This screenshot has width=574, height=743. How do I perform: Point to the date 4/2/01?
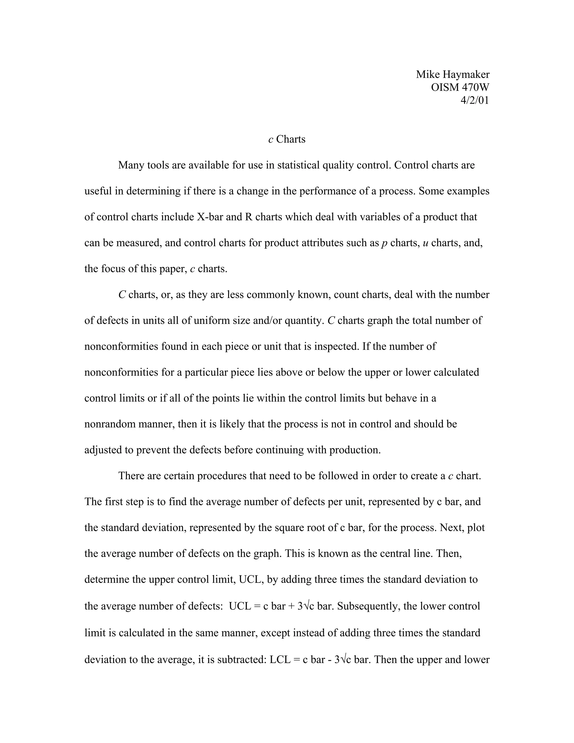pyautogui.click(x=475, y=100)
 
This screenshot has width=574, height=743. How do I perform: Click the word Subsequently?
pyautogui.click(x=369, y=606)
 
